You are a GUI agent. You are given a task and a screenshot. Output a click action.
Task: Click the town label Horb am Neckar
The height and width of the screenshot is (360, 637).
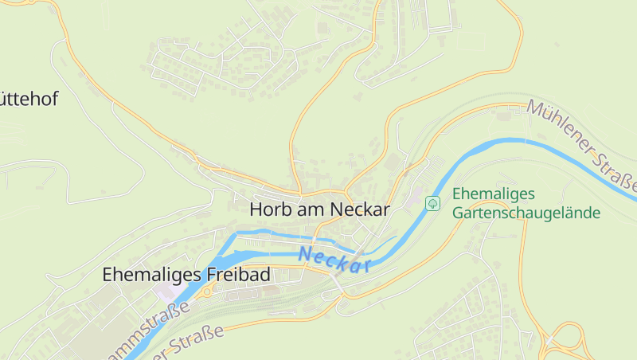click(319, 209)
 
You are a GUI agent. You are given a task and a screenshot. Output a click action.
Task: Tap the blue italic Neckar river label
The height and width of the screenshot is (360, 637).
click(336, 260)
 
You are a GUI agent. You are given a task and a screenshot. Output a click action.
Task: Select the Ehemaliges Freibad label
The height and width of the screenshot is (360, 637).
click(186, 275)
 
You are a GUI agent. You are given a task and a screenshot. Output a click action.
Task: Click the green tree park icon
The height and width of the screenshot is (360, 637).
click(432, 203)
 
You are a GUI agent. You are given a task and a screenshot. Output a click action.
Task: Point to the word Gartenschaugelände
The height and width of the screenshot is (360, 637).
click(526, 213)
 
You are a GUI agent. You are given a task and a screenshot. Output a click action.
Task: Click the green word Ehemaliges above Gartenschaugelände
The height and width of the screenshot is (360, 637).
click(494, 194)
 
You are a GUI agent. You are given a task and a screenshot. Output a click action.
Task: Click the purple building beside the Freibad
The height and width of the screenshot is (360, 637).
click(168, 294)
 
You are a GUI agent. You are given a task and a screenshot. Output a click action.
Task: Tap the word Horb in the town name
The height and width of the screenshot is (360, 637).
click(269, 209)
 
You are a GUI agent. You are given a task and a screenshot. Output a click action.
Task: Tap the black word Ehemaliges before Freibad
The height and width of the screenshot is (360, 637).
click(152, 275)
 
